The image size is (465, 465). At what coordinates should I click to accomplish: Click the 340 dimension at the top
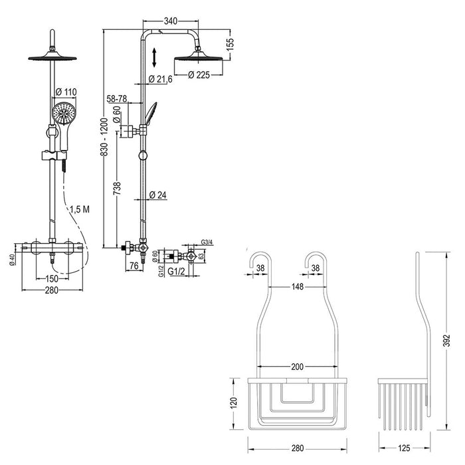(170, 21)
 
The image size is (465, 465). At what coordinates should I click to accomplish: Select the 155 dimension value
(230, 45)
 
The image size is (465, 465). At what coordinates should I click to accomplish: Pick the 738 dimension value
(118, 187)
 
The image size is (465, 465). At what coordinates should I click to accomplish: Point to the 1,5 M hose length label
(82, 209)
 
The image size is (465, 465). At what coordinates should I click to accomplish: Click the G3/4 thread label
(207, 242)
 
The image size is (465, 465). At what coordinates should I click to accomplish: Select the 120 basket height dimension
(234, 403)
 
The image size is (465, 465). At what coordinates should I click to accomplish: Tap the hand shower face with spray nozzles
(63, 112)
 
